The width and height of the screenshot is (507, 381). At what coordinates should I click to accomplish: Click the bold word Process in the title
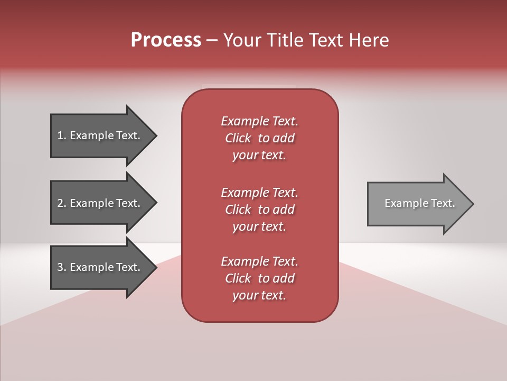166,40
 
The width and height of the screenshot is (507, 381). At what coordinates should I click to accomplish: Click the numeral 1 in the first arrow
60,135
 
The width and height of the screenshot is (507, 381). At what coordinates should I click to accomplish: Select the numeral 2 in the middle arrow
60,203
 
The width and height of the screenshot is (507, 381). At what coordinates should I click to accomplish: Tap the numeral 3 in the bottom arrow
60,267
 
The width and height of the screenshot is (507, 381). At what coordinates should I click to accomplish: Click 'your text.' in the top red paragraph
259,156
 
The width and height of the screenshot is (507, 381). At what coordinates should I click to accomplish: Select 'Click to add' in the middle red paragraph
259,210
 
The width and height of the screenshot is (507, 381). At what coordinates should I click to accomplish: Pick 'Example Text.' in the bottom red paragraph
259,261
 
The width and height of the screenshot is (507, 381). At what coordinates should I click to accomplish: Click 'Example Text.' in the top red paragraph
259,121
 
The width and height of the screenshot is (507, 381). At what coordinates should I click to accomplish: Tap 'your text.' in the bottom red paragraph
259,296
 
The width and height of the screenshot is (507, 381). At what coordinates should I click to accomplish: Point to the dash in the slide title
212,41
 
